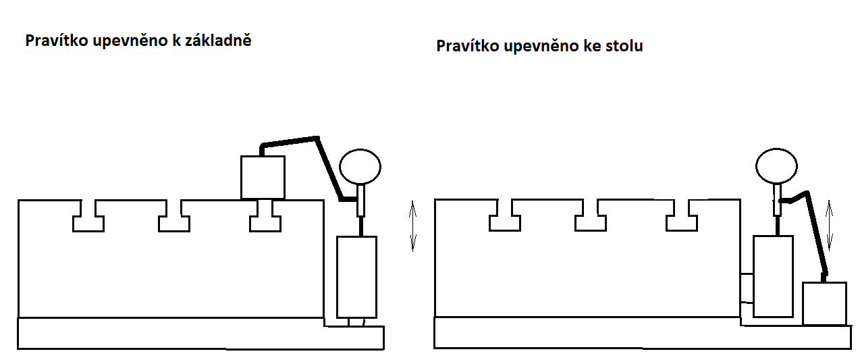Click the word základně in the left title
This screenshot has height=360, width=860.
218,40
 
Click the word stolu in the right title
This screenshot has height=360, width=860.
624,46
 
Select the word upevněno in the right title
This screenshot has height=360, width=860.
541,47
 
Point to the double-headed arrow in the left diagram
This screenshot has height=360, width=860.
412,226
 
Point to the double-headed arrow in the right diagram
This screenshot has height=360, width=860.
829,225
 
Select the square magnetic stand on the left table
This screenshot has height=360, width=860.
263,177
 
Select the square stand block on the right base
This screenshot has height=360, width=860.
824,303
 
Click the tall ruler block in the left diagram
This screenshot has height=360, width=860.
356,277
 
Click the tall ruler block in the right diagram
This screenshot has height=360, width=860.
773,276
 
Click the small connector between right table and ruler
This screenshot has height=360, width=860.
747,288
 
